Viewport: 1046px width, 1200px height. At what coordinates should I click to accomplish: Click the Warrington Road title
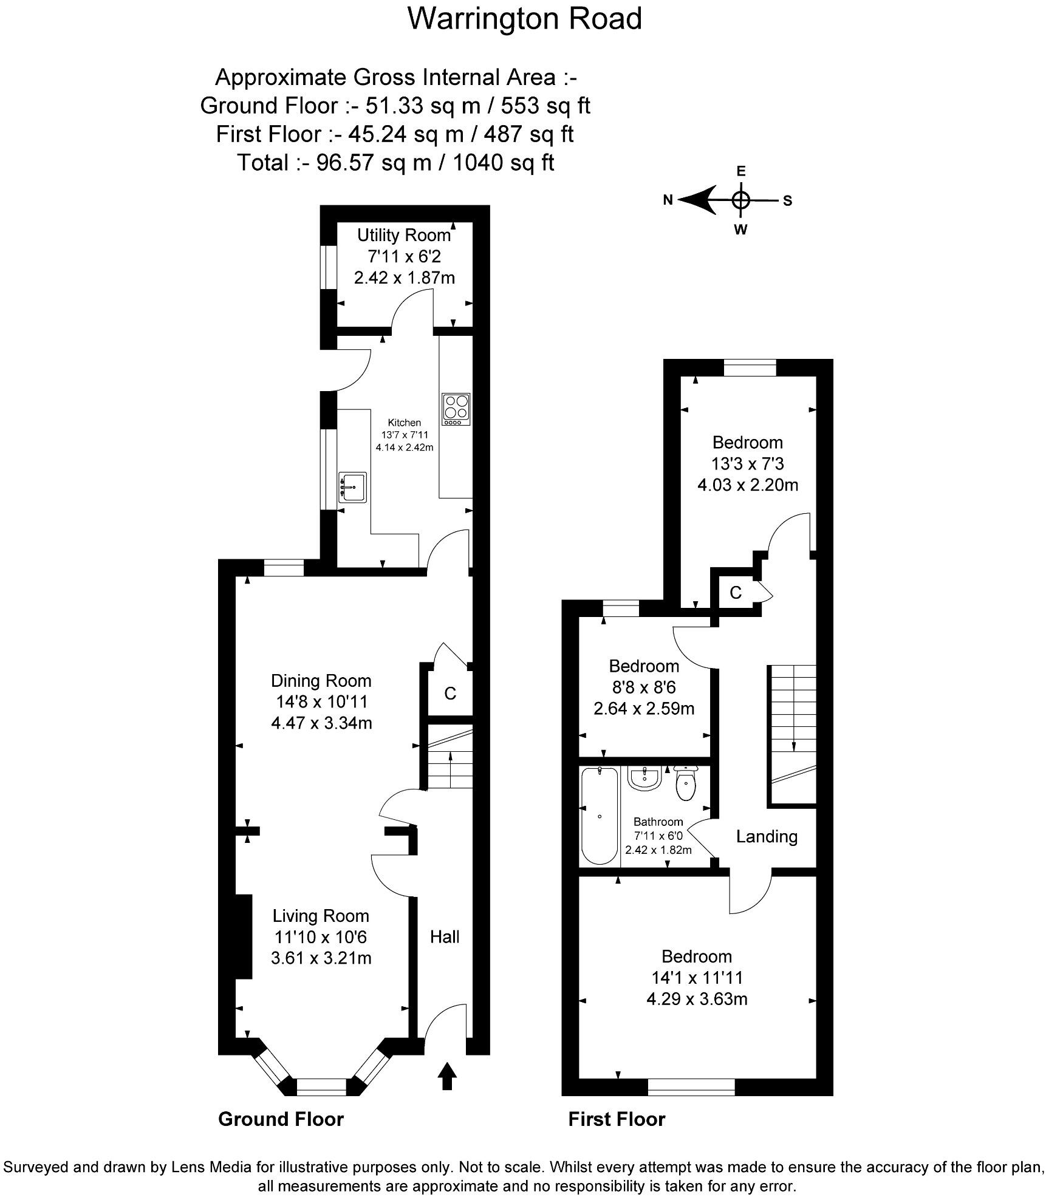524,19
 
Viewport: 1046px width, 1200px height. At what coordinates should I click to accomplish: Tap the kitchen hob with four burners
457,409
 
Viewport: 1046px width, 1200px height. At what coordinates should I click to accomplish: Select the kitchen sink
353,487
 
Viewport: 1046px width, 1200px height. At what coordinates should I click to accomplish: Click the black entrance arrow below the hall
447,1076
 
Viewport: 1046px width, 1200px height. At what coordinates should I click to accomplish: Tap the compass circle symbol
740,200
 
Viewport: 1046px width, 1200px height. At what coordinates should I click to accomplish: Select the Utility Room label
404,235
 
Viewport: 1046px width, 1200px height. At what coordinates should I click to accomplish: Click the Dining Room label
321,681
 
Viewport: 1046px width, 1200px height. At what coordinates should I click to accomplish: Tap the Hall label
445,936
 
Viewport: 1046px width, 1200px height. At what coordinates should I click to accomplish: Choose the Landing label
767,836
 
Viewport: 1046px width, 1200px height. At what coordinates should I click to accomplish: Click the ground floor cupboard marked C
450,694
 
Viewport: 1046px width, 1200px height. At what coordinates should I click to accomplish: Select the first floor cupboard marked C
736,593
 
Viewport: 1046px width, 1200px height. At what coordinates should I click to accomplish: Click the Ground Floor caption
281,1119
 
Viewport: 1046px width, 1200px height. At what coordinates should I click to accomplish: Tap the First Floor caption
617,1119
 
